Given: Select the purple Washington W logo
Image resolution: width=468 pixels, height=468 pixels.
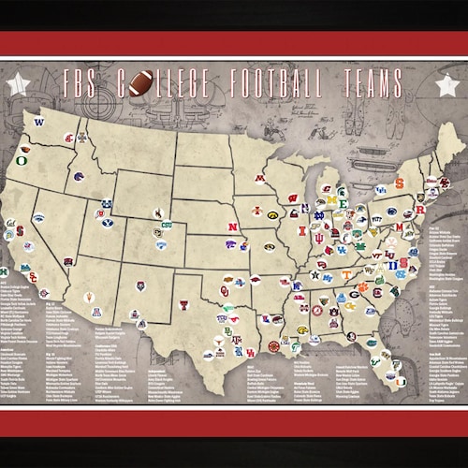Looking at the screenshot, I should coord(39,123).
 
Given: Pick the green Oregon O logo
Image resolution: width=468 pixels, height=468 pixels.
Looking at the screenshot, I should coord(22,160).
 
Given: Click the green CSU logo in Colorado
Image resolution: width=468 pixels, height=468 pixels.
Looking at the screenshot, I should coord(167,225).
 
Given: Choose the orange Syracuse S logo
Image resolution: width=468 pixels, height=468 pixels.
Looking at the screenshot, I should coord(398,183).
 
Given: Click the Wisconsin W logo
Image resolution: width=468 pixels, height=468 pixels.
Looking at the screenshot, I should coord(293,199).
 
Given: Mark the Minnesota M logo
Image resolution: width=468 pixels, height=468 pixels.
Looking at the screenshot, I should coord(259,178).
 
